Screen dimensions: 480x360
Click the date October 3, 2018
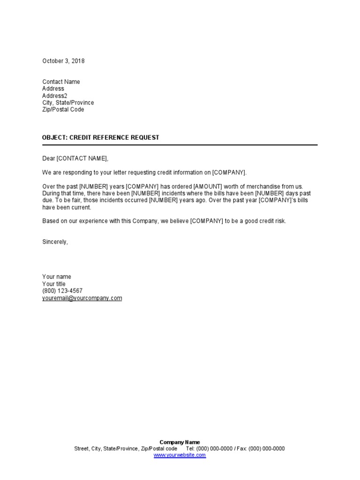63,61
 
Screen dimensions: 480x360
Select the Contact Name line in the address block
61,82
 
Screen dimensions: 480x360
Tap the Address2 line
55,96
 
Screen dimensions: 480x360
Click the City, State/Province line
68,103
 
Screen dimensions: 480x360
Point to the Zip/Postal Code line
63,110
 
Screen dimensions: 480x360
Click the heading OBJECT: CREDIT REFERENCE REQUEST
101,137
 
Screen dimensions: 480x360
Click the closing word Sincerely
55,242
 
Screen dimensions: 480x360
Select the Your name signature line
57,277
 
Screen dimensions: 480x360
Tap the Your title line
54,284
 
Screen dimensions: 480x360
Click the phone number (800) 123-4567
62,291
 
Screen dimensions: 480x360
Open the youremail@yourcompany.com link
82,298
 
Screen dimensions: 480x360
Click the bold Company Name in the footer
180,442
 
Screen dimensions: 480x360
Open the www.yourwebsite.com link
180,455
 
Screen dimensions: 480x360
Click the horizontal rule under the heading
180,145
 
